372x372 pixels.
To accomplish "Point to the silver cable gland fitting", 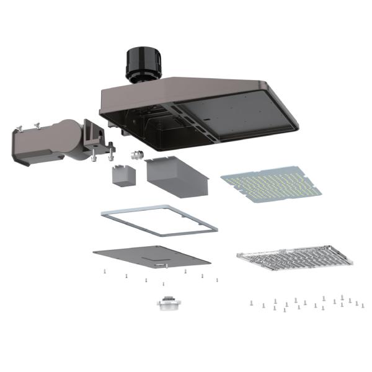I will (x=133, y=153).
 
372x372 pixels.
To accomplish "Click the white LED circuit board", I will (x=272, y=184).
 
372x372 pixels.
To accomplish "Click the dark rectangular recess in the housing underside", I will (x=242, y=115).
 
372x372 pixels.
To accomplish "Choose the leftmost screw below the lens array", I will (x=250, y=303).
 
